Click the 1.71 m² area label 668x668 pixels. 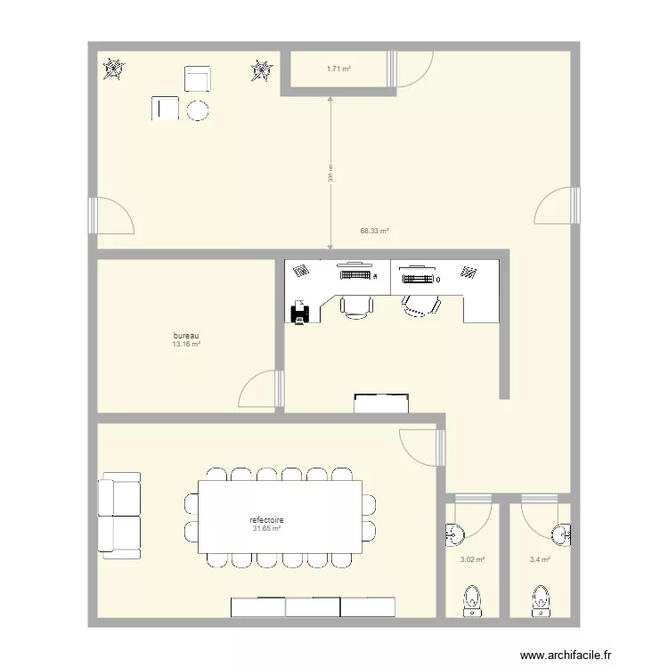338,68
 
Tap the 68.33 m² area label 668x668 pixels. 374,231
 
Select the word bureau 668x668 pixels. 185,337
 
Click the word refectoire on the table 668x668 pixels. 266,520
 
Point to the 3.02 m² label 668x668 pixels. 472,560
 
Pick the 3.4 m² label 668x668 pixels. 540,560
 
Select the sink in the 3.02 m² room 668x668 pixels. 454,534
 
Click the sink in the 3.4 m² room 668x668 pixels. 561,534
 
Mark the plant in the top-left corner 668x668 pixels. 112,69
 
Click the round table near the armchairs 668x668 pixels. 198,110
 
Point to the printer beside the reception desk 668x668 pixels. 301,311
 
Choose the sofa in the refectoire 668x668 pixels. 119,516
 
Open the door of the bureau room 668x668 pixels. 261,388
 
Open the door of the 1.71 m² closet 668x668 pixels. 411,70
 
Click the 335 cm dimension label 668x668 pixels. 330,173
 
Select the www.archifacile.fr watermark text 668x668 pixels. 567,656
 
